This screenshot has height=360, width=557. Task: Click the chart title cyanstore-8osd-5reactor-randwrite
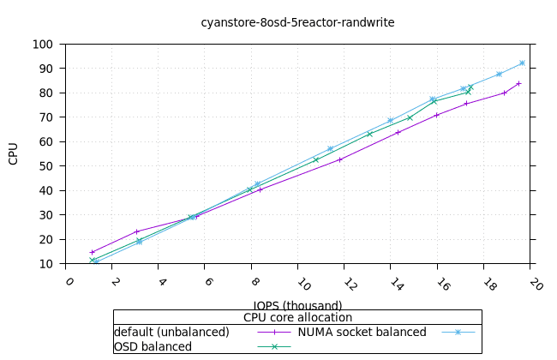(x=297, y=22)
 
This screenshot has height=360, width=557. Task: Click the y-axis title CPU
(x=13, y=154)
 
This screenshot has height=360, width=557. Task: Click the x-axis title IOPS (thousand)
(x=297, y=305)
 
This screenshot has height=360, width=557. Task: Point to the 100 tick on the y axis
(x=45, y=45)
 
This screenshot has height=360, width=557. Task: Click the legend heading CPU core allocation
(x=297, y=318)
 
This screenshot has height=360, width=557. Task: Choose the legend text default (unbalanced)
(x=171, y=332)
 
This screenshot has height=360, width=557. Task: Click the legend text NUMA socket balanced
(x=362, y=332)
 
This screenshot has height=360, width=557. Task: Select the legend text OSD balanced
(x=153, y=346)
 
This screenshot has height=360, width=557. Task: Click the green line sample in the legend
(x=275, y=346)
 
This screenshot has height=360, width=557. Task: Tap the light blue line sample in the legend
(x=458, y=332)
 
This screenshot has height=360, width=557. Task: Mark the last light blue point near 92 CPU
(x=522, y=63)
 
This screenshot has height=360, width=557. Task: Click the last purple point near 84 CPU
(x=518, y=83)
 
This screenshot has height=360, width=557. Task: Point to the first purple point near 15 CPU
(x=92, y=252)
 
